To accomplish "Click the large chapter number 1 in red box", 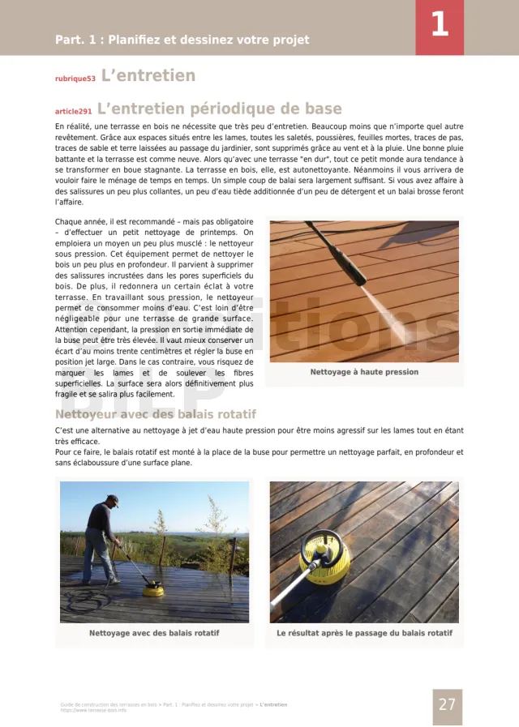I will [439, 24].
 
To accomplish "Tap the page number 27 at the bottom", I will [447, 704].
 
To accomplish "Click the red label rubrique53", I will [75, 79].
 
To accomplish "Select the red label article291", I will [73, 111].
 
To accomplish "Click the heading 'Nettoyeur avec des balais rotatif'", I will [156, 414].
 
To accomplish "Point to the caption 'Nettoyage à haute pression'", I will [364, 372].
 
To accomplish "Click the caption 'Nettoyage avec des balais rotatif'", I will [154, 633].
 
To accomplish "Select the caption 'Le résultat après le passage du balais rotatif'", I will [364, 633].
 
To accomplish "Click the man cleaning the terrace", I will [101, 539].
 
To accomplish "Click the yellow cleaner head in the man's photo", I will [152, 590].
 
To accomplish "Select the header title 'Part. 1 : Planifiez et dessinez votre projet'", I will [182, 40].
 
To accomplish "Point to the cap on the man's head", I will [112, 500].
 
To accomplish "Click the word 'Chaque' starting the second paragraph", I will [68, 221].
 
